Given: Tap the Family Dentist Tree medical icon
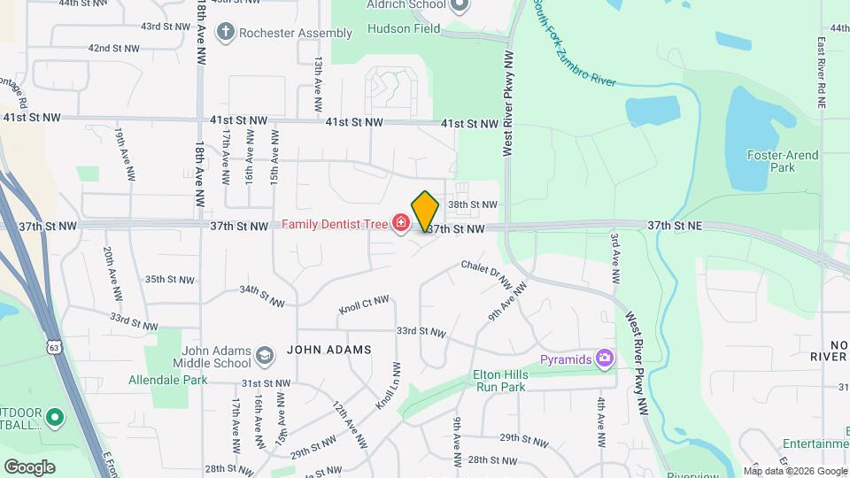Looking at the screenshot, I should pos(401,223).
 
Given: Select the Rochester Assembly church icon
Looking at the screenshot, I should pos(227,33).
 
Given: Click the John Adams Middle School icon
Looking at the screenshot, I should pos(264,357).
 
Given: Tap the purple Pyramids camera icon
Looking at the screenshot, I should pos(605,358).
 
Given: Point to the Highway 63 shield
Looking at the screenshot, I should pos(55,341).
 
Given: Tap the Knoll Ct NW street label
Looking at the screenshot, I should pos(364,305).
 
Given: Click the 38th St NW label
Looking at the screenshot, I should pos(473,204).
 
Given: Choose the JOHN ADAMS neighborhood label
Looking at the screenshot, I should pos(329,350).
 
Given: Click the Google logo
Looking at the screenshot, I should pos(29,466).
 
